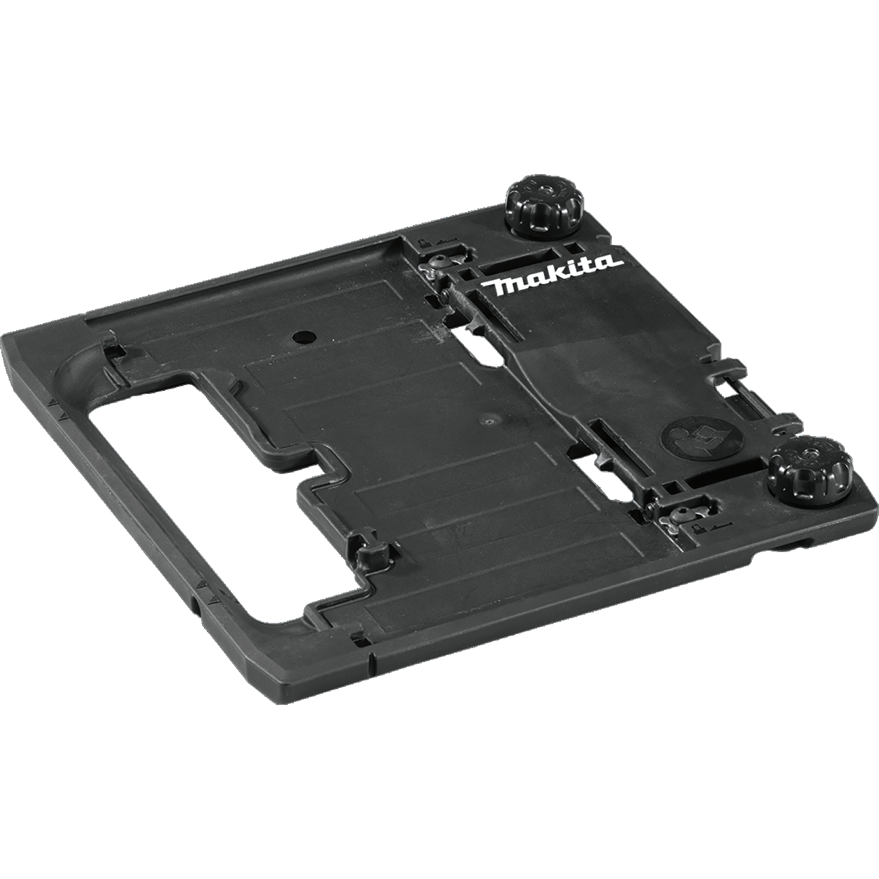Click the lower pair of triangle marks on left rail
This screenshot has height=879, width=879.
tap(206, 589)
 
